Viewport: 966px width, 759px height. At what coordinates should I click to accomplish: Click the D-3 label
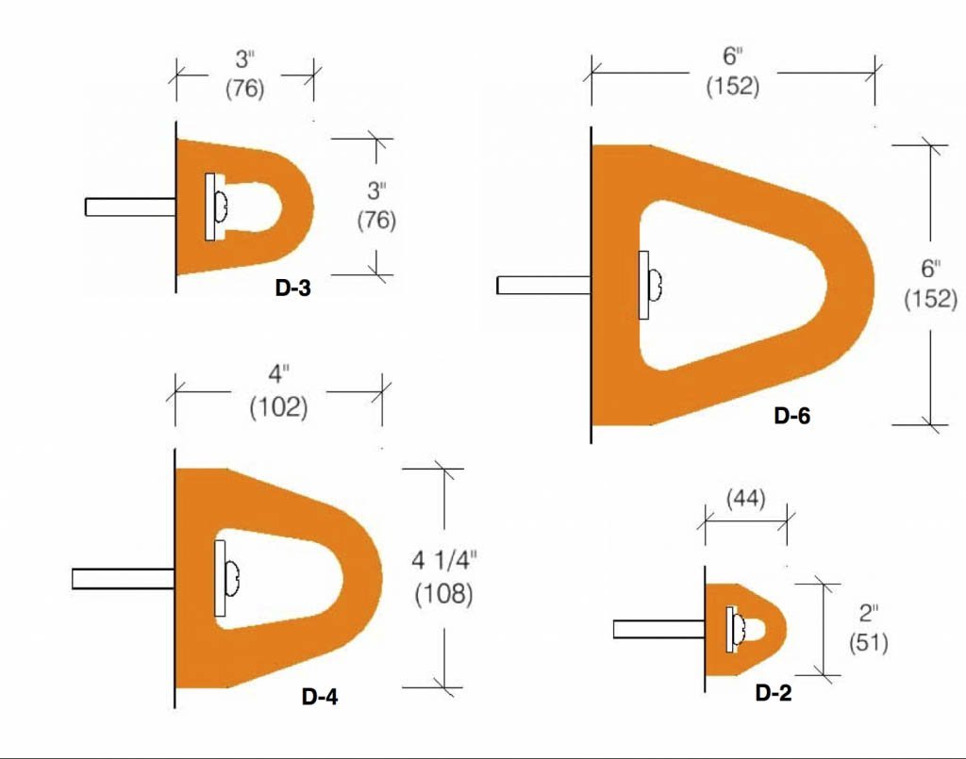click(292, 289)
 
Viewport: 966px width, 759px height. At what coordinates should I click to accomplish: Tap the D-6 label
click(791, 415)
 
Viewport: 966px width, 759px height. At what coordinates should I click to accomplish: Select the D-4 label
click(320, 698)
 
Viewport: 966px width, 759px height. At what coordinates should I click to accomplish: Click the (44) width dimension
click(745, 497)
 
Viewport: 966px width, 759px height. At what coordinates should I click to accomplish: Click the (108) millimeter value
click(443, 595)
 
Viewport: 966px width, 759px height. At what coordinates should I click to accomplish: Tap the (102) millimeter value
click(278, 408)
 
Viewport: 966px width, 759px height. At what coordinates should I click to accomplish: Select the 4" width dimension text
click(278, 375)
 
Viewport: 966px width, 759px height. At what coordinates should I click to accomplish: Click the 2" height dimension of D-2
click(867, 613)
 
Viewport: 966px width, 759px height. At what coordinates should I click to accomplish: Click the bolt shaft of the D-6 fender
click(543, 285)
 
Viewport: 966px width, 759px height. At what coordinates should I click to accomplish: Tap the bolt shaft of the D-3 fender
click(129, 206)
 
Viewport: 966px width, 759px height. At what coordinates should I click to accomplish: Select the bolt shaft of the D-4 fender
click(123, 579)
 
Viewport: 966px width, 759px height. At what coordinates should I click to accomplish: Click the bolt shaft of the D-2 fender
click(658, 629)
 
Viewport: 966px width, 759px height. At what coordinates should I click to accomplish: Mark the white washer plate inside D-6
click(644, 285)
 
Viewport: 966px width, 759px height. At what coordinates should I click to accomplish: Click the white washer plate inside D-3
click(209, 206)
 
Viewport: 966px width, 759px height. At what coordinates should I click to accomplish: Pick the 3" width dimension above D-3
click(244, 58)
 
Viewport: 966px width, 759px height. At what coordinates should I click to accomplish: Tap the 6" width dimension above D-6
click(732, 54)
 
